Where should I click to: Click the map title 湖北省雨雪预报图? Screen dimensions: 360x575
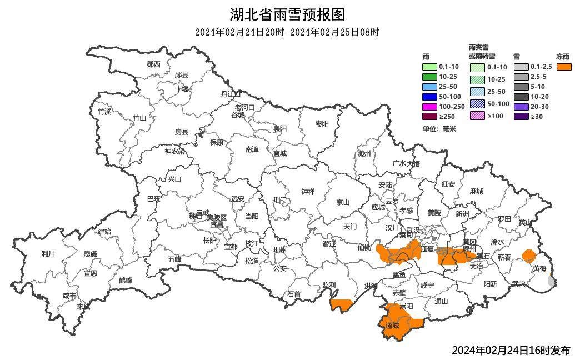click(287, 14)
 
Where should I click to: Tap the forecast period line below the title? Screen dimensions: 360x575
click(287, 32)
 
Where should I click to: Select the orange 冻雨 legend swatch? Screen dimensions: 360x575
click(564, 67)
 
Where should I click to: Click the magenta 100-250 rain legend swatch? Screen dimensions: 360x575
click(430, 107)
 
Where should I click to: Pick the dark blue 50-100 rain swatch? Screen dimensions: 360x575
click(430, 97)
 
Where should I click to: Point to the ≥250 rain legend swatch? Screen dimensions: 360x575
click(430, 117)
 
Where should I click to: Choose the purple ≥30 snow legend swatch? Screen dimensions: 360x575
click(521, 117)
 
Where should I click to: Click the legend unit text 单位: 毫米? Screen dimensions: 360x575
click(439, 129)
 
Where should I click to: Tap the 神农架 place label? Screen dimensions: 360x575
click(174, 151)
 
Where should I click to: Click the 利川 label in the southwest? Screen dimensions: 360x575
click(48, 254)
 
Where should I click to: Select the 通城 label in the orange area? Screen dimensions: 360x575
click(392, 326)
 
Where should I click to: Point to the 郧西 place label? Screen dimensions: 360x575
click(153, 64)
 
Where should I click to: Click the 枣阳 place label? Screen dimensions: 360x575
click(322, 123)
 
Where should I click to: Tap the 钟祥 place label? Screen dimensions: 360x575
click(308, 192)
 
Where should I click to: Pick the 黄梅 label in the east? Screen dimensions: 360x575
click(539, 268)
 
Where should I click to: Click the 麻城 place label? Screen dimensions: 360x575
click(476, 191)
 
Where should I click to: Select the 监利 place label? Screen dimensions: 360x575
click(329, 286)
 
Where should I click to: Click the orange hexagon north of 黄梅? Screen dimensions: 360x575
click(529, 256)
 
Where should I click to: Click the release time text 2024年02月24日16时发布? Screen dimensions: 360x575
click(511, 351)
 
